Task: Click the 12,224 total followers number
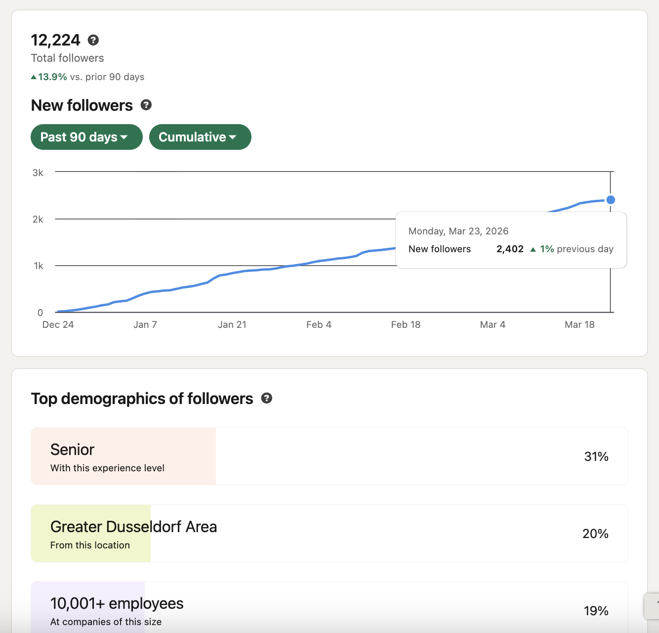55,40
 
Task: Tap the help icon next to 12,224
93,40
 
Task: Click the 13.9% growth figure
52,77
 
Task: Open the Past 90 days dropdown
86,137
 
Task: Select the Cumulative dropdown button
200,137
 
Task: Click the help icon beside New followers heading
146,105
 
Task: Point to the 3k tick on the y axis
38,173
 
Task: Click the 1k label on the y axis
38,266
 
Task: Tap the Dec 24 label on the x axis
58,324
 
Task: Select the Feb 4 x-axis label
319,324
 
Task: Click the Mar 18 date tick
579,324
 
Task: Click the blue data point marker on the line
611,200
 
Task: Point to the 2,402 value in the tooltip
510,249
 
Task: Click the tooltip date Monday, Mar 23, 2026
458,231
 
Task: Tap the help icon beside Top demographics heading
267,398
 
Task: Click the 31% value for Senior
596,456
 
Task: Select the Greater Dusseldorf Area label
133,527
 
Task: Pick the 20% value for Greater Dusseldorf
595,534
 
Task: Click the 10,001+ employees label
117,603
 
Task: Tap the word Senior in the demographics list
72,450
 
